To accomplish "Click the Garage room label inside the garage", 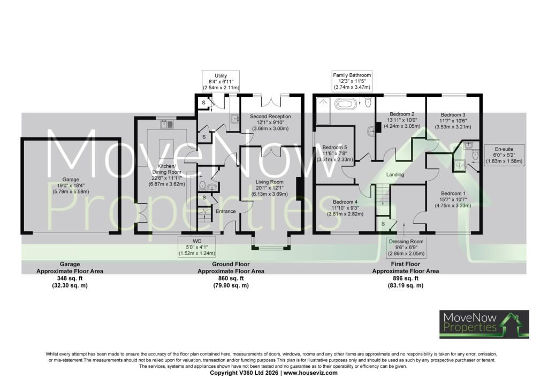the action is (71, 185).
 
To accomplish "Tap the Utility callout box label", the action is (221, 82).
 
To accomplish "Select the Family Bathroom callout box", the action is (352, 81).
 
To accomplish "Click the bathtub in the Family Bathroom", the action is (346, 103).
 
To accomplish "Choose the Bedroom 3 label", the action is (453, 121).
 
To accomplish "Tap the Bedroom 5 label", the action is (335, 153).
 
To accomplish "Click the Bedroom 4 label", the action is (345, 208).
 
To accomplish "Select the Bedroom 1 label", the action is (453, 199).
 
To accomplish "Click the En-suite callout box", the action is (504, 155).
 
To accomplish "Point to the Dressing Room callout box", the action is (406, 247).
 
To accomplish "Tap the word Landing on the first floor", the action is (395, 174).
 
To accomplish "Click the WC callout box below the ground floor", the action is (197, 247).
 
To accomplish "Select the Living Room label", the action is (270, 188).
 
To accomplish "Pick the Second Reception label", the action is (270, 122).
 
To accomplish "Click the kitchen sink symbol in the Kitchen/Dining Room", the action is (168, 124).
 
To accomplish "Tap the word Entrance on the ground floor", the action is (226, 211).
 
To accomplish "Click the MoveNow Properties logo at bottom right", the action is (484, 324).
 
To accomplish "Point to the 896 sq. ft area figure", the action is (406, 278).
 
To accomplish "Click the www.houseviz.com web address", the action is (310, 373).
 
